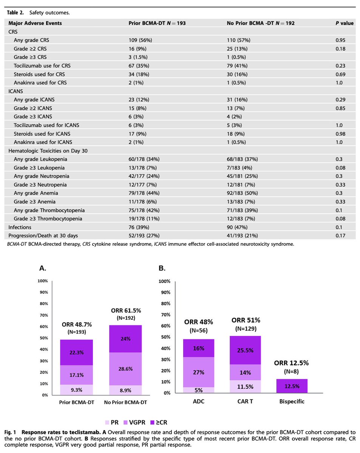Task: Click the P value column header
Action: [x=344, y=23]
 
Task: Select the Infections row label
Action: [x=20, y=227]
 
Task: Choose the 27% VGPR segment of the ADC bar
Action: [x=199, y=372]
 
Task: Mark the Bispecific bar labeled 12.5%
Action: [x=291, y=386]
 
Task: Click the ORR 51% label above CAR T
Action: [x=245, y=320]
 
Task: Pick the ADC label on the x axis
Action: [x=199, y=401]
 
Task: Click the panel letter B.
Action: [x=161, y=268]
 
